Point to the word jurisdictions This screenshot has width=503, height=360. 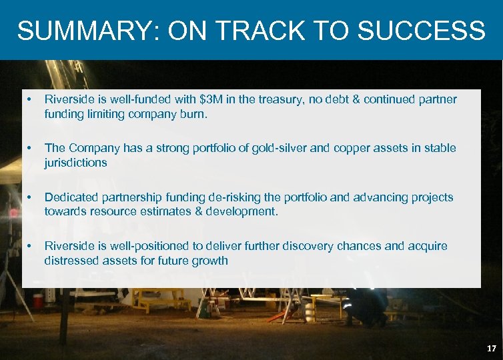coord(75,163)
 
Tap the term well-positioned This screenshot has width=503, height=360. coord(151,246)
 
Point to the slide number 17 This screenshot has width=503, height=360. coord(491,349)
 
